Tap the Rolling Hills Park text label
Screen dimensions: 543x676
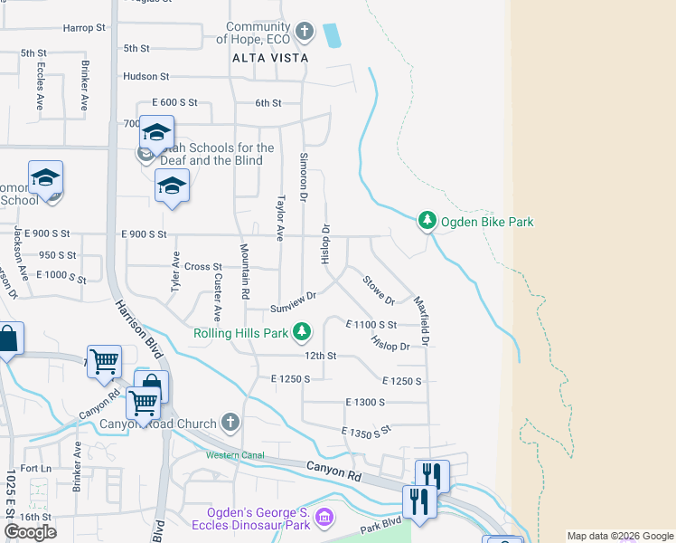[240, 334]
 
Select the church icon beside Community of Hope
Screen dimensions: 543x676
[305, 33]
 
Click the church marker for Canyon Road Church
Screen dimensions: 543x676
[231, 423]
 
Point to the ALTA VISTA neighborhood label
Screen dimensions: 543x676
[270, 58]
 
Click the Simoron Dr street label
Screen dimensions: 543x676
[304, 177]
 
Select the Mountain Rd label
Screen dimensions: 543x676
[244, 271]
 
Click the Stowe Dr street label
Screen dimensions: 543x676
[379, 288]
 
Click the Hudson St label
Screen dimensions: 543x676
[146, 77]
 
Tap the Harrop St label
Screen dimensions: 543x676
[85, 28]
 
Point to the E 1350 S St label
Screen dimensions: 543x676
[365, 432]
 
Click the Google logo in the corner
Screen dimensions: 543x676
[30, 532]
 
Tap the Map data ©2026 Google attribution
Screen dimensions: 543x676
[620, 536]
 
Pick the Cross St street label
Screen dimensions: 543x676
[203, 267]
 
